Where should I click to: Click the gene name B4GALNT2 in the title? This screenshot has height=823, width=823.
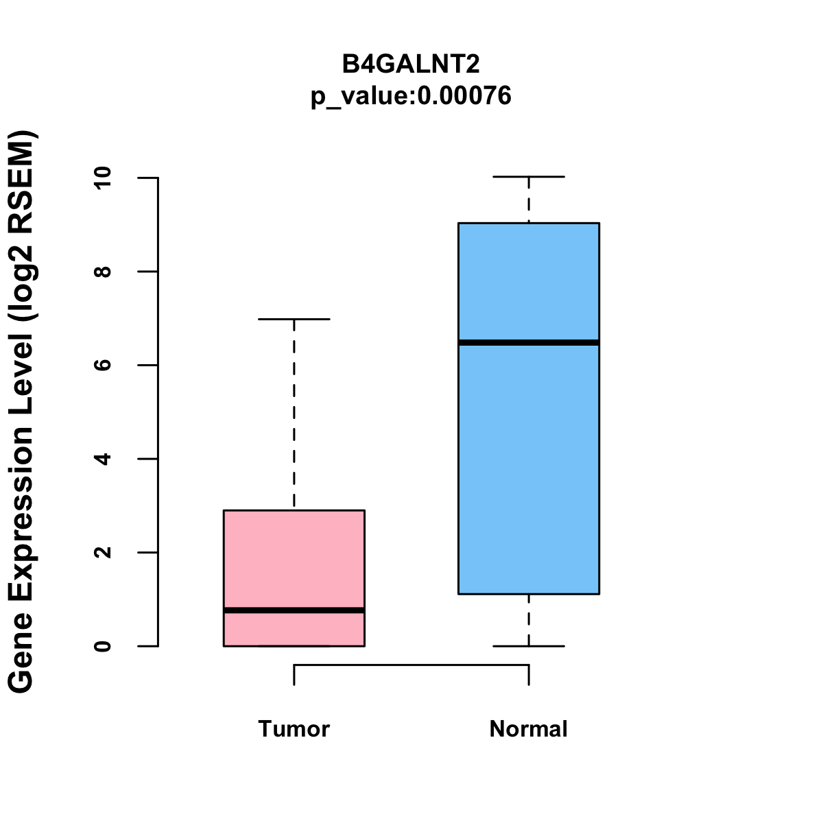click(411, 64)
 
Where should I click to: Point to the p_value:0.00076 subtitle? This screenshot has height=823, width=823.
click(411, 96)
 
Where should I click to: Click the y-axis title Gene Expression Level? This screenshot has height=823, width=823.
click(22, 411)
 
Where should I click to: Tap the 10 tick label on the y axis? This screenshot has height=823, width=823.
click(103, 178)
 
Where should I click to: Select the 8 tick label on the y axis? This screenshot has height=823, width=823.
click(103, 272)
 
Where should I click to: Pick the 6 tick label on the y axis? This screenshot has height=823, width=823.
click(103, 365)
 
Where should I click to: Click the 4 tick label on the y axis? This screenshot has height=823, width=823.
click(103, 459)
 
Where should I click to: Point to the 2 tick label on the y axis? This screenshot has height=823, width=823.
click(103, 552)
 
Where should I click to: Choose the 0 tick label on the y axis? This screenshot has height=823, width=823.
click(103, 646)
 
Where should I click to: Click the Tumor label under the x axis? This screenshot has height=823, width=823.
click(294, 729)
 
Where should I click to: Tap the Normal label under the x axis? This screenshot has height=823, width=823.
click(528, 729)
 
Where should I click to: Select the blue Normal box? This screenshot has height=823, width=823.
click(528, 466)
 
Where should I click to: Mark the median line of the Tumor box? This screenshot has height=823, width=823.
click(294, 610)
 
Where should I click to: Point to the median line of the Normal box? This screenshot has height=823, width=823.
click(528, 342)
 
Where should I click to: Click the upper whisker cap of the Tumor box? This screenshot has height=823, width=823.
click(294, 319)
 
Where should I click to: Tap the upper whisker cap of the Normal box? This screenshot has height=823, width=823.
click(528, 177)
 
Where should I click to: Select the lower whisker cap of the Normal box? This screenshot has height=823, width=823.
click(528, 646)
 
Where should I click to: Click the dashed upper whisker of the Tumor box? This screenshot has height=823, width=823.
click(294, 411)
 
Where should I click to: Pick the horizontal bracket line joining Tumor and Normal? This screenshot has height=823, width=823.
click(411, 665)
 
